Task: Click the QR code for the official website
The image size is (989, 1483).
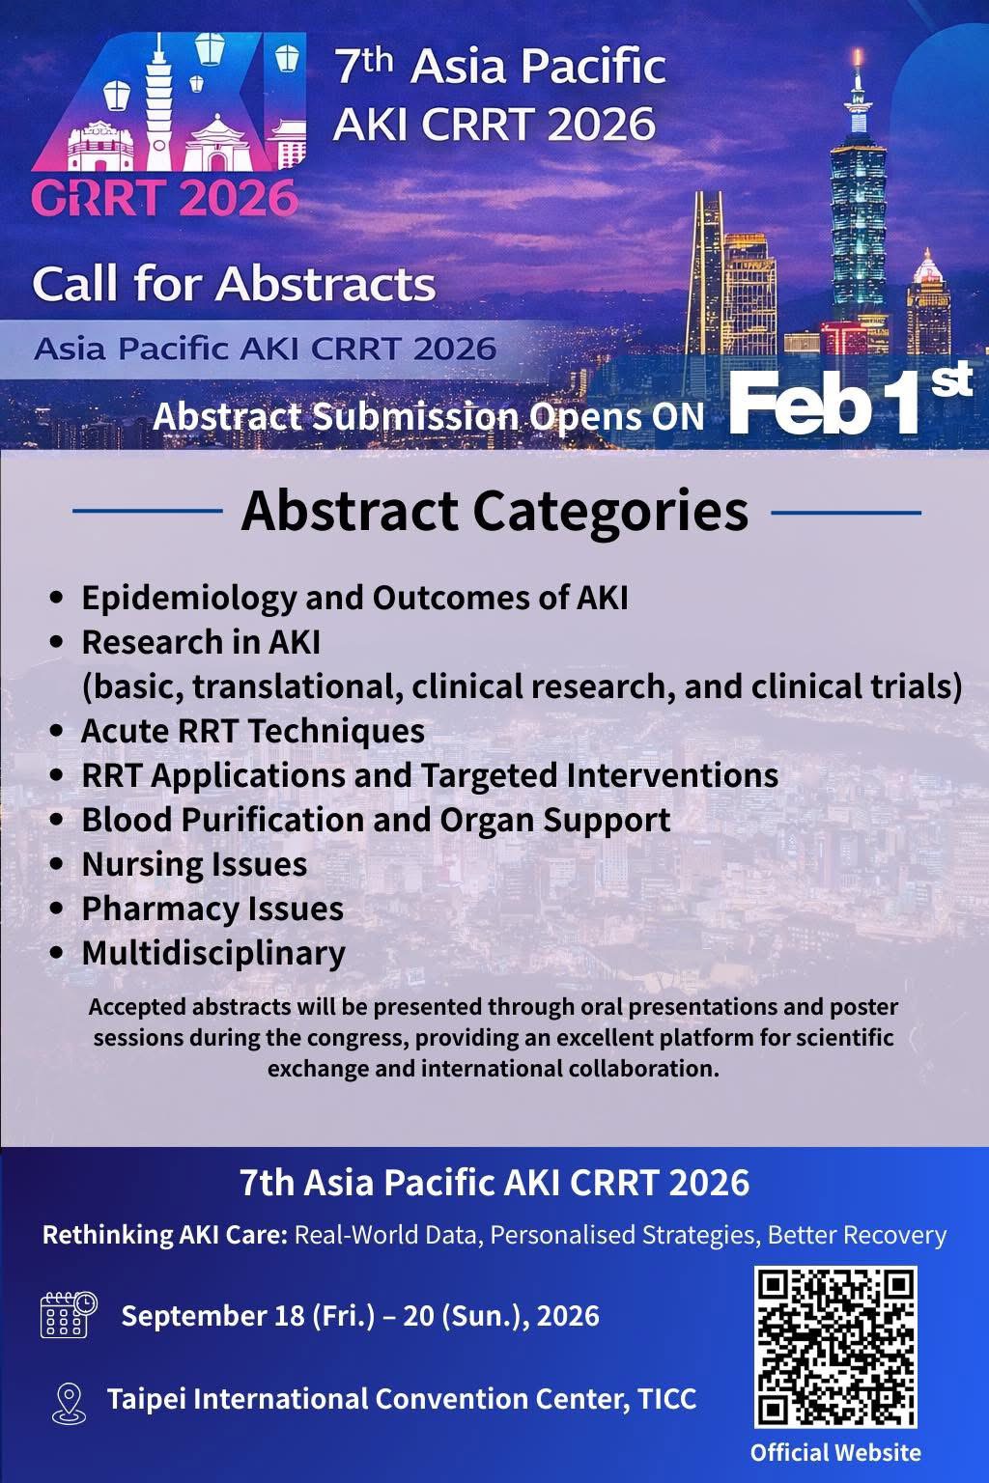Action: (835, 1348)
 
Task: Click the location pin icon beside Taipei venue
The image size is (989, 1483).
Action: (67, 1402)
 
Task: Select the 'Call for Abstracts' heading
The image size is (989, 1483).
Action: (234, 284)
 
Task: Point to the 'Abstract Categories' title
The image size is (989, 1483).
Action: (494, 511)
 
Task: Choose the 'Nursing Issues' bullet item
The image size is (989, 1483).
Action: (194, 864)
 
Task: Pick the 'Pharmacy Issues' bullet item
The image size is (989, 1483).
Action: (212, 909)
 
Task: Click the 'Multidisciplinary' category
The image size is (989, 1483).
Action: (213, 953)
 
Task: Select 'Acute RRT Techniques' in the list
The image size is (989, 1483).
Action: (253, 731)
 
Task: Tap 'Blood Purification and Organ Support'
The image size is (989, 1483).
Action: (376, 820)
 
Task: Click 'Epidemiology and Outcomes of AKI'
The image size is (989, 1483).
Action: (354, 598)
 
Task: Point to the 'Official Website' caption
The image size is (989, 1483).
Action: (835, 1452)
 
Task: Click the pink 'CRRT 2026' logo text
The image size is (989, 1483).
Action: (164, 197)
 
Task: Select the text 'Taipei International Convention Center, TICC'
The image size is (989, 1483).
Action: (402, 1399)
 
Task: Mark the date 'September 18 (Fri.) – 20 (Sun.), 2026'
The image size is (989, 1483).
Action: (360, 1316)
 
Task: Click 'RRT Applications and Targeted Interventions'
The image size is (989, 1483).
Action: (430, 775)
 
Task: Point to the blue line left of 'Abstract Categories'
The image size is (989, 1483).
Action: (148, 512)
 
